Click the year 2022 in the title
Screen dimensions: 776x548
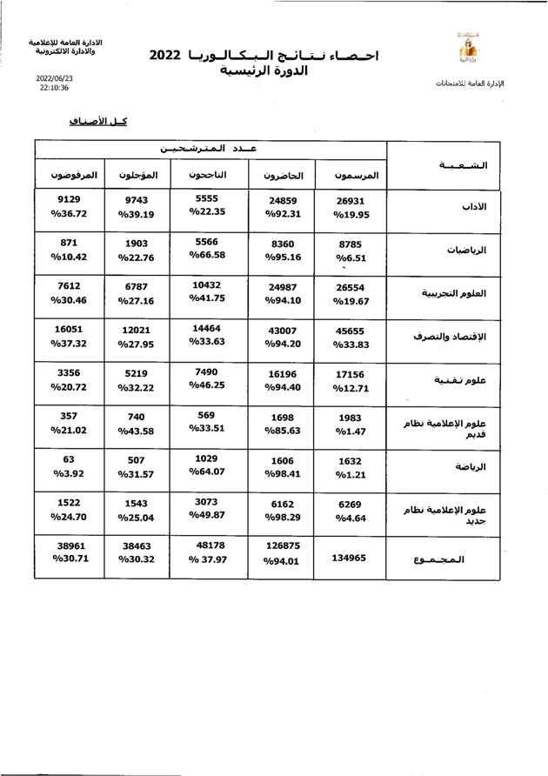165,55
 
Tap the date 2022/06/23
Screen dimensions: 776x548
54,77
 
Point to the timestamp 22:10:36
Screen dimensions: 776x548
54,88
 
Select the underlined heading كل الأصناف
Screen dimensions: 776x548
98,121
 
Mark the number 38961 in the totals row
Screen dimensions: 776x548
70,545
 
